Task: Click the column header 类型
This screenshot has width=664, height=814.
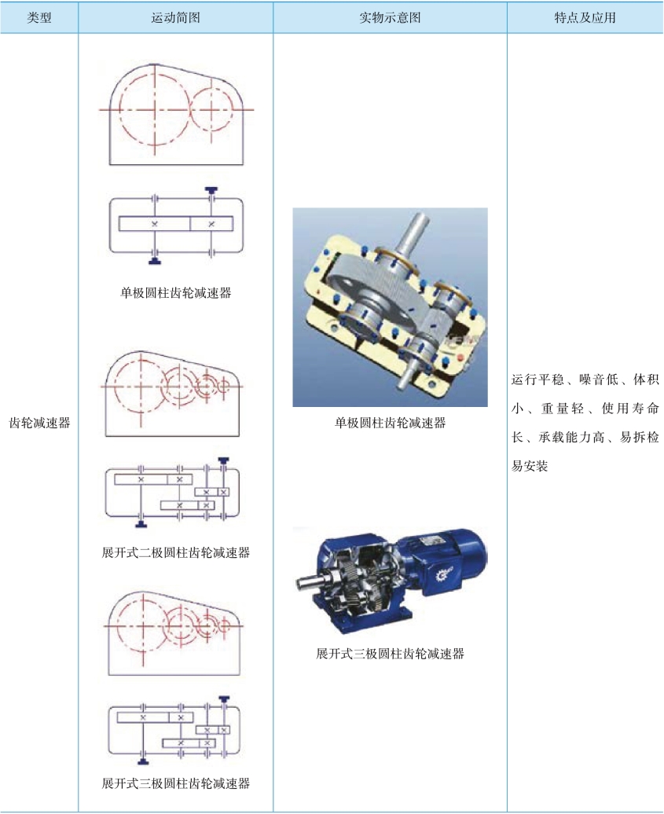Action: click(39, 17)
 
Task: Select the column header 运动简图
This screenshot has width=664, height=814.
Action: click(175, 17)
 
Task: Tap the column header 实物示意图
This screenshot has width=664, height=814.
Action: click(390, 17)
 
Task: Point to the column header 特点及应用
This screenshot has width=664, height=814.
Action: click(585, 17)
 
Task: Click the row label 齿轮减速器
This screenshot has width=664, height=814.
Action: click(39, 423)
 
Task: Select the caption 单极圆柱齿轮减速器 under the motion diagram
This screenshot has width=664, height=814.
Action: click(175, 293)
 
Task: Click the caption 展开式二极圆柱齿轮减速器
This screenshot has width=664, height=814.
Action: click(175, 552)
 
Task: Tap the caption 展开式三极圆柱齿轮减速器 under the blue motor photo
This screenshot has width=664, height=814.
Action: click(390, 654)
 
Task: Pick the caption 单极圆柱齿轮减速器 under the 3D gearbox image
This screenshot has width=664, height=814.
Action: click(390, 423)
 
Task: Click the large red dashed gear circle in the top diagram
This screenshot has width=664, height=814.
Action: click(120, 109)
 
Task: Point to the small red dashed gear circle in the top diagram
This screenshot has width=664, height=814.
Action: click(192, 109)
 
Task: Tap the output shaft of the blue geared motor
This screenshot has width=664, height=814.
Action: click(310, 582)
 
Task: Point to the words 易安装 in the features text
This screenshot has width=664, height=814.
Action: click(530, 466)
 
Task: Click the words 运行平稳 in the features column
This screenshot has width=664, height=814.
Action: click(537, 379)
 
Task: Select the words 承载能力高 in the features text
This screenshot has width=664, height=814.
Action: click(571, 437)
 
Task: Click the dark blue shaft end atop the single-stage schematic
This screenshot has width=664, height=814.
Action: click(211, 191)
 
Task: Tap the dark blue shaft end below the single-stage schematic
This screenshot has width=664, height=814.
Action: click(154, 261)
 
